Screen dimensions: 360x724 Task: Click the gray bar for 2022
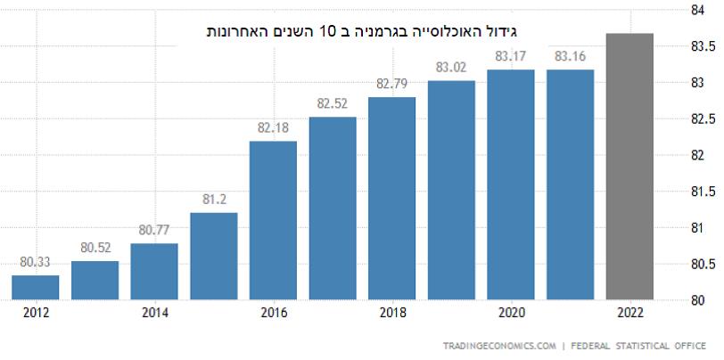tap(629, 167)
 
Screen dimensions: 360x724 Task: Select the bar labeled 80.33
tap(36, 288)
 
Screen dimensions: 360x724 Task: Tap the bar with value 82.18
tap(273, 220)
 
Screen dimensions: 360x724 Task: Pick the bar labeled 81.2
tap(214, 256)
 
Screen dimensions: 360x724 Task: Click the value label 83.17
tap(511, 57)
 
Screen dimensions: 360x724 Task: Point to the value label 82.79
tap(391, 85)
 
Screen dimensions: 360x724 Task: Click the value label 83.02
tap(451, 68)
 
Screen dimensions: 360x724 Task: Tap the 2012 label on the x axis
tap(36, 313)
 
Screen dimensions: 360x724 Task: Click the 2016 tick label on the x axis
tap(273, 313)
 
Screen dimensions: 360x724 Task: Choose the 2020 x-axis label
tap(511, 313)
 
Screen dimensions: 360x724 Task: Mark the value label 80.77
tap(154, 230)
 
